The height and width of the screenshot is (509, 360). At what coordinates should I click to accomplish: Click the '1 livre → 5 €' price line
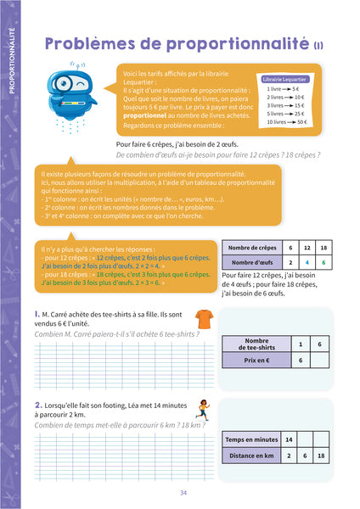point(284,88)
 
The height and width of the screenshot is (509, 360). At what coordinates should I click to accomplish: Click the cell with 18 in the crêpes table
point(323,247)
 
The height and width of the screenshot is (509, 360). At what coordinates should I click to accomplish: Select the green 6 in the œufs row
point(323,262)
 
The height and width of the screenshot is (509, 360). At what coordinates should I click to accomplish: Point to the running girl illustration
point(202,411)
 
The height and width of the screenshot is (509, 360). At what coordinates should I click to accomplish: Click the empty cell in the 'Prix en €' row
point(319,361)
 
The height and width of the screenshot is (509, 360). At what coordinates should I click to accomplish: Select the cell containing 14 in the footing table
point(289,439)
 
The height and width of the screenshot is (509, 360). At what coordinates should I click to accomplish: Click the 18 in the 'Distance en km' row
point(319,456)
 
